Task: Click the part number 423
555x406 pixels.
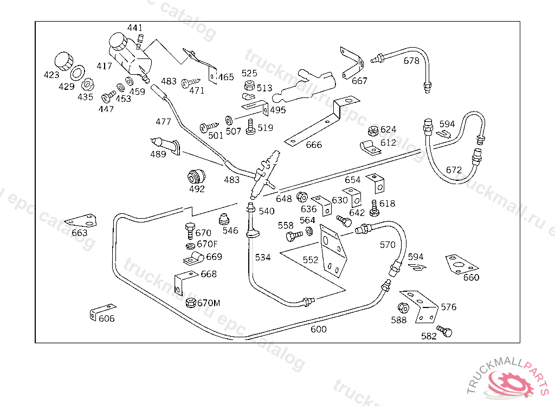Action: pyautogui.click(x=51, y=75)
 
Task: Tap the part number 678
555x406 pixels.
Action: pyautogui.click(x=411, y=61)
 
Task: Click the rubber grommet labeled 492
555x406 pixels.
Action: pyautogui.click(x=196, y=175)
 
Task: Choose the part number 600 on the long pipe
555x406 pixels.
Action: pyautogui.click(x=318, y=329)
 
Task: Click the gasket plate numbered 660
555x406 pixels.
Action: pyautogui.click(x=461, y=264)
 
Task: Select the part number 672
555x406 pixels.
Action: pyautogui.click(x=454, y=170)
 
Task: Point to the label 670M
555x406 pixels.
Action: pyautogui.click(x=209, y=303)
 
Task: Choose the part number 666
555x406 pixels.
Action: pyautogui.click(x=314, y=145)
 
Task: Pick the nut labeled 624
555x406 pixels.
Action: pyautogui.click(x=372, y=130)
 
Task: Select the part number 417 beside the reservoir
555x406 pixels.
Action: pyautogui.click(x=104, y=66)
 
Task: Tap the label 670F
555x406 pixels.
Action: pyautogui.click(x=207, y=244)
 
